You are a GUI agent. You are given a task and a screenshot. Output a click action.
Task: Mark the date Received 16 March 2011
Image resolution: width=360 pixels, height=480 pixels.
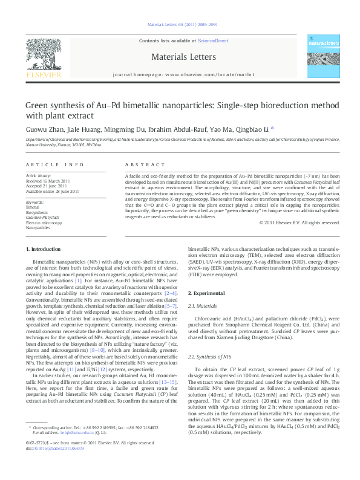click(50, 181)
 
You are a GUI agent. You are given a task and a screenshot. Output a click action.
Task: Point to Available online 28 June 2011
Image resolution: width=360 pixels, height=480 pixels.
click(52, 190)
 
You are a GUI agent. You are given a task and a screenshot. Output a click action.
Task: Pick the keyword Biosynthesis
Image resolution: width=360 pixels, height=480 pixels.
click(38, 212)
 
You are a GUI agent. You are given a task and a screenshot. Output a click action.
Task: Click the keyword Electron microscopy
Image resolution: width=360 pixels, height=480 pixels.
click(44, 222)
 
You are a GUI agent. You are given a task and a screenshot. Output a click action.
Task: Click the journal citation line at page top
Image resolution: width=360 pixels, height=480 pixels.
click(180, 24)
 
